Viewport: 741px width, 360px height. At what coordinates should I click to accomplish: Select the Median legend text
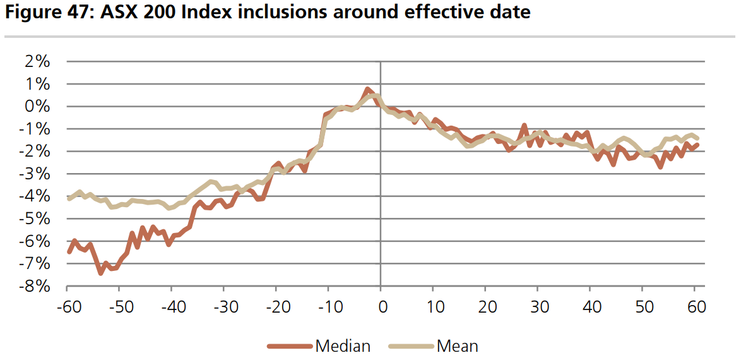point(343,345)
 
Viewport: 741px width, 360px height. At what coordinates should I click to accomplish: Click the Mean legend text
point(457,345)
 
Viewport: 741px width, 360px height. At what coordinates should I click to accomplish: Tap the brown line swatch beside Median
point(290,345)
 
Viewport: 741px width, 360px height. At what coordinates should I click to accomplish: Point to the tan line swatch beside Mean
point(411,345)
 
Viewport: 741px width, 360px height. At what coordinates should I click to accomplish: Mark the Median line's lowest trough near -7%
point(100,273)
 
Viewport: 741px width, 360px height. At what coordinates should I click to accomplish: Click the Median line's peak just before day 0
point(367,89)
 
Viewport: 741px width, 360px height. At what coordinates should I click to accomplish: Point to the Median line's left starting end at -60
point(69,253)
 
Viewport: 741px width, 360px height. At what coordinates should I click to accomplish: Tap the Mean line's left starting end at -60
point(69,199)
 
